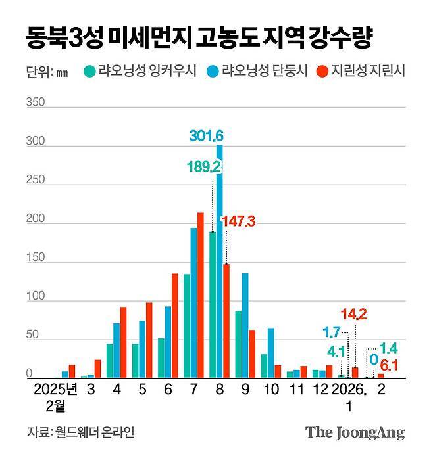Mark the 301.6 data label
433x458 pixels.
207,136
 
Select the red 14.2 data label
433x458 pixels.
353,313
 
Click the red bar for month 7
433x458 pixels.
201,295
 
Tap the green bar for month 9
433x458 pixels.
238,344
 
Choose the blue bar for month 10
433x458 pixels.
270,353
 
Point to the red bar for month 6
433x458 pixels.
174,325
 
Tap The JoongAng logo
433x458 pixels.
355,432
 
